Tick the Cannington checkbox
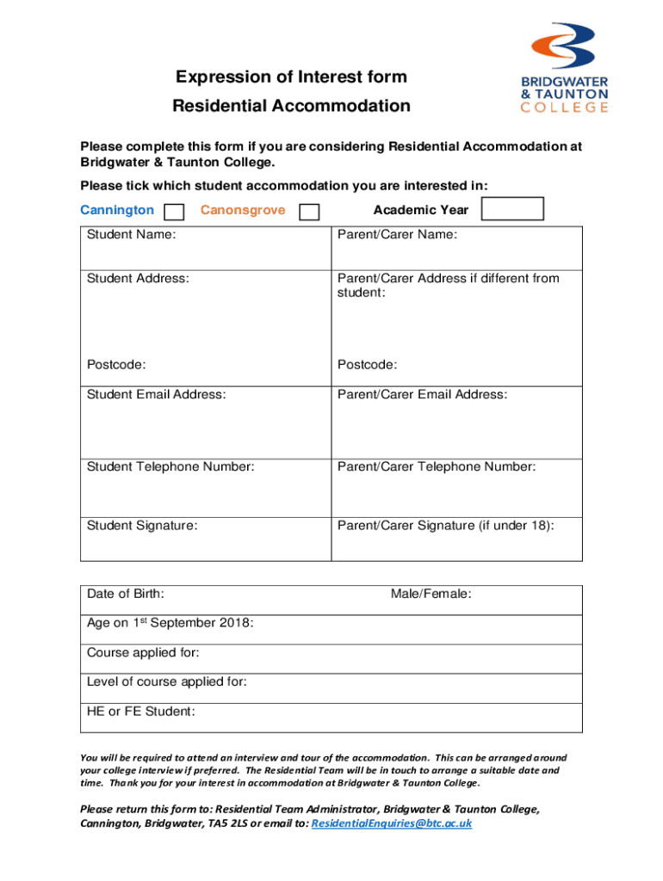174,212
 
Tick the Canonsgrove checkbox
309,212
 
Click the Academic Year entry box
512,209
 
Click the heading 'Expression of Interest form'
291,77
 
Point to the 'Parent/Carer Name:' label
397,235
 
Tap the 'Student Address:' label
138,278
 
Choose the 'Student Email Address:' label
157,394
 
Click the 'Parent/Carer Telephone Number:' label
437,466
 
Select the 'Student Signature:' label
142,525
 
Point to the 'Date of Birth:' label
126,594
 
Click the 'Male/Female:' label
431,594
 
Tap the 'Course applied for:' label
143,652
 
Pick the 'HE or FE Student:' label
141,711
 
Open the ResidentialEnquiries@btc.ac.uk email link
391,823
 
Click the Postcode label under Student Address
116,365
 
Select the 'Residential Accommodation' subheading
291,107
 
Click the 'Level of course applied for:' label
167,681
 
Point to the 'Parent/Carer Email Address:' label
422,394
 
